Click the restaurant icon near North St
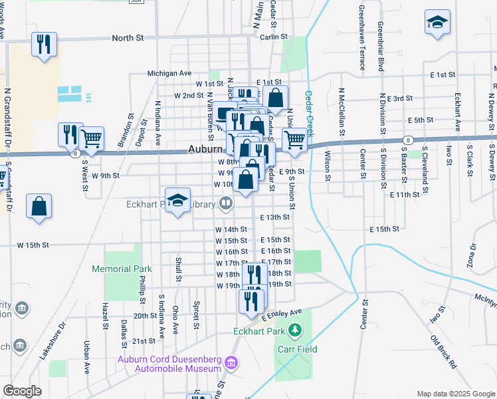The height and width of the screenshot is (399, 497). [x=44, y=45]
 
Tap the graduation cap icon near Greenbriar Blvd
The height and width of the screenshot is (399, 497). [x=438, y=23]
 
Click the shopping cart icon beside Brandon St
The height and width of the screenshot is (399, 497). [x=91, y=139]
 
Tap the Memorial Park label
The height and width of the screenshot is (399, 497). [x=122, y=269]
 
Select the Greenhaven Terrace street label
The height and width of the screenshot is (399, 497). [x=362, y=37]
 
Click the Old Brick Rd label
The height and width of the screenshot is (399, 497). [x=444, y=352]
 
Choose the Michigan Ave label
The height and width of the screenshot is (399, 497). [x=169, y=73]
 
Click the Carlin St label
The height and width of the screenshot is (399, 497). [x=273, y=37]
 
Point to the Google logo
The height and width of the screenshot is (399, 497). [x=22, y=390]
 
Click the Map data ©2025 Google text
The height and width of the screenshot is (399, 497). [x=455, y=394]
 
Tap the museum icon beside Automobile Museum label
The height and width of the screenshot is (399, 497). [x=231, y=363]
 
